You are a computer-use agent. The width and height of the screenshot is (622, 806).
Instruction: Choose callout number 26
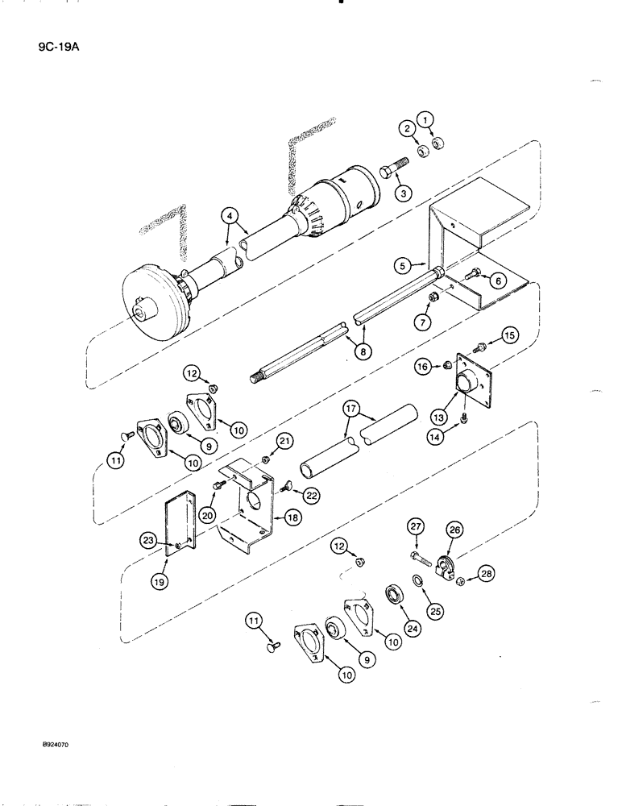coord(454,530)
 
